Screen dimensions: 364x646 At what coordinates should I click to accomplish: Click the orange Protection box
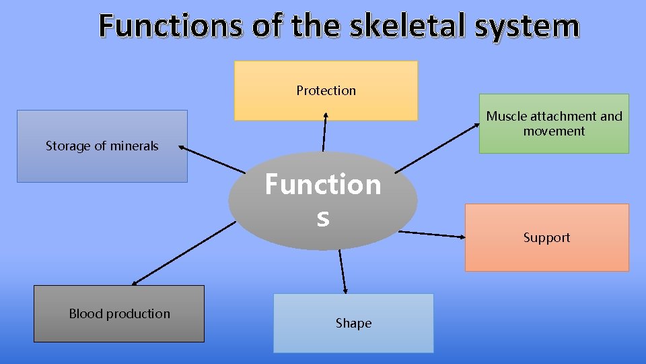326,90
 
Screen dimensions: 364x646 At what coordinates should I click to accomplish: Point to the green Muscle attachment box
554,123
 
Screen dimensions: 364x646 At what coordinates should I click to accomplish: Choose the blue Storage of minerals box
102,146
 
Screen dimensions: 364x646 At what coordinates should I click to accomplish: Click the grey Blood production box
119,313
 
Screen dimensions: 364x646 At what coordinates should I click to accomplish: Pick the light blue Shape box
353,323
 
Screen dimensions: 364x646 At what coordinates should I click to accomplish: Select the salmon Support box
546,237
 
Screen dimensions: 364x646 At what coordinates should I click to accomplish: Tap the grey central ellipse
323,201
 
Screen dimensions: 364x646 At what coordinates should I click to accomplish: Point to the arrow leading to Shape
343,272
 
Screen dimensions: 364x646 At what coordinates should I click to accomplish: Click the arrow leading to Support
431,235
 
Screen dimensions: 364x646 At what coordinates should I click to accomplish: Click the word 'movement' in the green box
554,131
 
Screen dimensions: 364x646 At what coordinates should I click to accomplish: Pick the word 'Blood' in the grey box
85,313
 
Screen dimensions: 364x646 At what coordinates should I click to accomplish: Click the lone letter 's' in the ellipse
323,218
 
